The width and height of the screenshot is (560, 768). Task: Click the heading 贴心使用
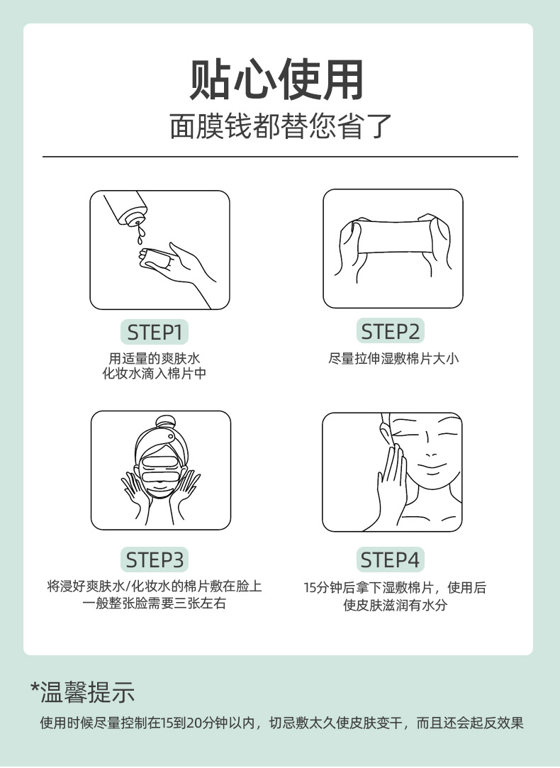[276, 79]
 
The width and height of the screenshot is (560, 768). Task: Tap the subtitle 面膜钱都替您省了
[281, 126]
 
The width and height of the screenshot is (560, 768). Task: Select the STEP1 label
[155, 333]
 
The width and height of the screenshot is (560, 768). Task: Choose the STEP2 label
[390, 332]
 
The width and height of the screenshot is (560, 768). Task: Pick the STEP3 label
[155, 560]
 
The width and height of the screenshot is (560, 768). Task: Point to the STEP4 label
[390, 560]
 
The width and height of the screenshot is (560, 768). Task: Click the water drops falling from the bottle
[141, 234]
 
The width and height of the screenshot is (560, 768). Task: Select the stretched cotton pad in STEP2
[393, 237]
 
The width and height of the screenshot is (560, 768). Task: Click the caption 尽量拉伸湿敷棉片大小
[393, 359]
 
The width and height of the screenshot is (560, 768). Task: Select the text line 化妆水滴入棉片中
[155, 374]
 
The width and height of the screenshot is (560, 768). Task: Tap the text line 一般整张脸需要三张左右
[155, 603]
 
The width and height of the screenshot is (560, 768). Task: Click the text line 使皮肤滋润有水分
[395, 605]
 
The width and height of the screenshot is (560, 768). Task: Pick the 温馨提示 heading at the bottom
[88, 692]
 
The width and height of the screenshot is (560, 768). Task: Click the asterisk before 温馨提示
[35, 686]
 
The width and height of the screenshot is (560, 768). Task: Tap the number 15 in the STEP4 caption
[309, 588]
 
